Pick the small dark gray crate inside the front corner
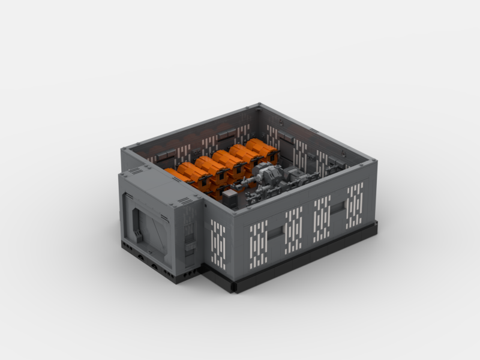click(229, 198)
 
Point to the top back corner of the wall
click(259, 106)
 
